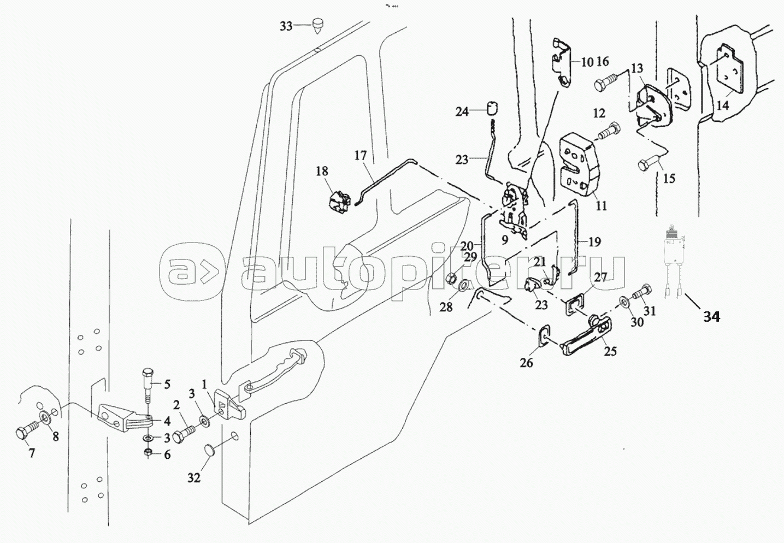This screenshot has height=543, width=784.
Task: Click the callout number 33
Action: tap(286, 26)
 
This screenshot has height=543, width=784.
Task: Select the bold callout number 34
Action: tap(711, 317)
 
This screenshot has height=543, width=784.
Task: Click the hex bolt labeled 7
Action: tap(26, 430)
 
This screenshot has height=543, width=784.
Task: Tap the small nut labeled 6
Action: tap(148, 451)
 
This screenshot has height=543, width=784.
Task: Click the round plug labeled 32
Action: tap(209, 450)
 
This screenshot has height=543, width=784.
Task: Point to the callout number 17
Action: tap(361, 155)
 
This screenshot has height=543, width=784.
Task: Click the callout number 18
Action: tap(322, 171)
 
